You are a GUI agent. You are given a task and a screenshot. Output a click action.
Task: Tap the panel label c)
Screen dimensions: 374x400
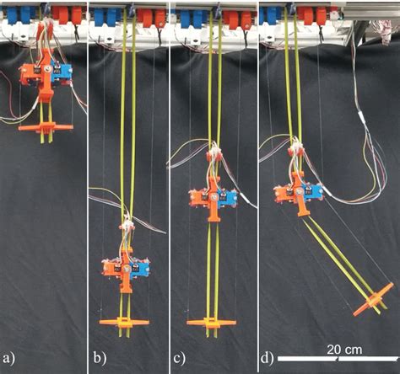point(179,356)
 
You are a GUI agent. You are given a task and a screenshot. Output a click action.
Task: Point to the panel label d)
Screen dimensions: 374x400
point(268,356)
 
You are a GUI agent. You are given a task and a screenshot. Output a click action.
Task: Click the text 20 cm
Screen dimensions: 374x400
point(346,347)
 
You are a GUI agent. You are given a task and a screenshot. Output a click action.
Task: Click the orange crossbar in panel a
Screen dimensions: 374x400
point(43,127)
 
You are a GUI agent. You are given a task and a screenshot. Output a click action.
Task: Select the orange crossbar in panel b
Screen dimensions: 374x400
point(124,322)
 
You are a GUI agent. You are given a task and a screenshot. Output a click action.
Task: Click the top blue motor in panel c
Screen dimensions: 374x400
point(187,19)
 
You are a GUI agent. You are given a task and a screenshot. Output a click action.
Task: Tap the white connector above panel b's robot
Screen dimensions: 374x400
point(127,226)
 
